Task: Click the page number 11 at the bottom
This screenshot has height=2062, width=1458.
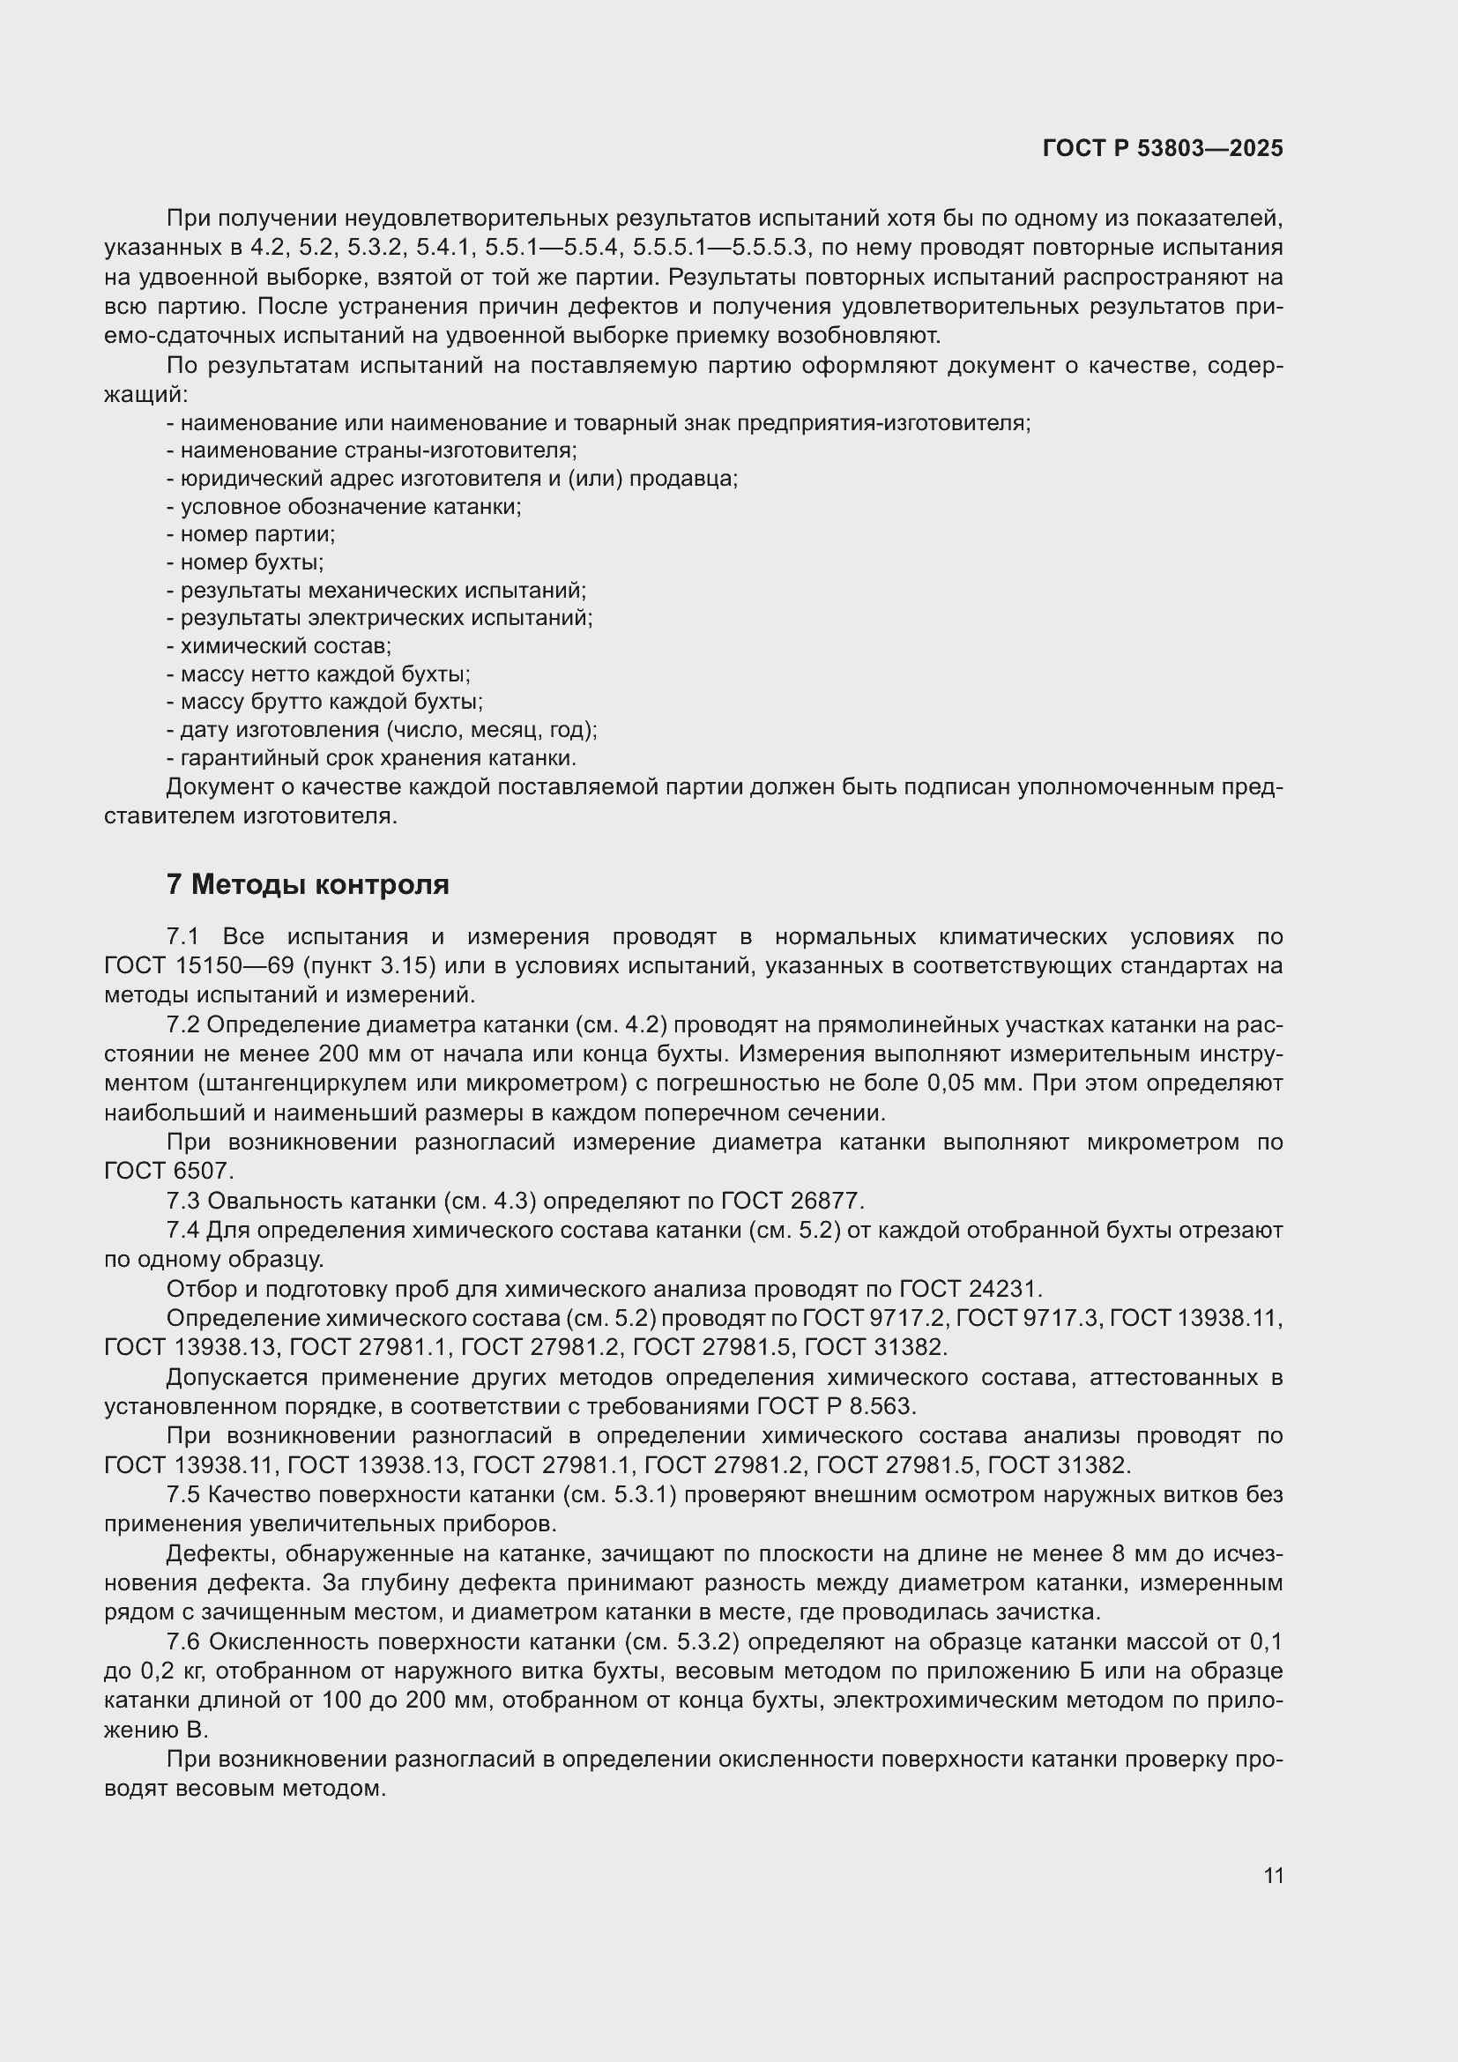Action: click(x=1273, y=1876)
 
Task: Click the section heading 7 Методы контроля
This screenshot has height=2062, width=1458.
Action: click(x=307, y=884)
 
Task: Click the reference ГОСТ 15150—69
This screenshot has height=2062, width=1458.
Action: click(x=205, y=966)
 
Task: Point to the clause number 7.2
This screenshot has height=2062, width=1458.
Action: click(x=182, y=1024)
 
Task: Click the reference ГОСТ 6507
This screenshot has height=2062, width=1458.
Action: click(x=168, y=1171)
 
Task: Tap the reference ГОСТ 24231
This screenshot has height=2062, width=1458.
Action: click(x=970, y=1289)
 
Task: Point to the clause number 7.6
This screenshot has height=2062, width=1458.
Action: click(x=182, y=1641)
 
